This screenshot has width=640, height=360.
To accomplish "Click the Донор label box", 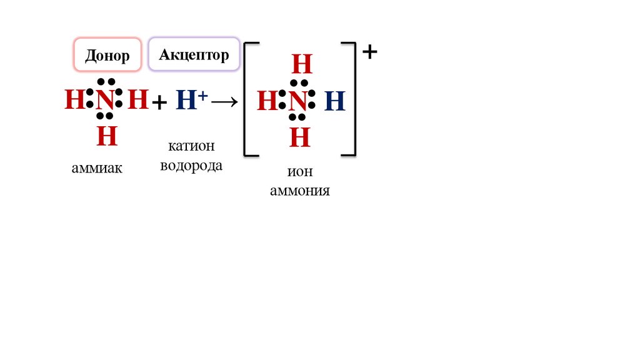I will (107, 56).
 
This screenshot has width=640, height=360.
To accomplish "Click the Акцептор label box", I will (194, 55).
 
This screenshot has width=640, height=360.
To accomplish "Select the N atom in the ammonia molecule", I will (106, 99).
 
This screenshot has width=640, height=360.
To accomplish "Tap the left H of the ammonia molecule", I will (74, 99).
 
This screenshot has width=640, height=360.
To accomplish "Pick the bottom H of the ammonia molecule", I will (107, 136).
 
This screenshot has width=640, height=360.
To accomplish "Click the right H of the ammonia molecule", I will (138, 99).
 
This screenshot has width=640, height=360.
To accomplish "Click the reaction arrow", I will (224, 102).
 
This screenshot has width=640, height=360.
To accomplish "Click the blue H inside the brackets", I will (335, 101).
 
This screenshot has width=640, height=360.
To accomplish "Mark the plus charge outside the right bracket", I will (370, 52).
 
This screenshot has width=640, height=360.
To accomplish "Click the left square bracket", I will (247, 99).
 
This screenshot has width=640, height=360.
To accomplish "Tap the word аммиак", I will (97, 169).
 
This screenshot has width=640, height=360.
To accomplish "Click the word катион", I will (191, 146).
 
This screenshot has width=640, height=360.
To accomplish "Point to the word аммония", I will (300, 191).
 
